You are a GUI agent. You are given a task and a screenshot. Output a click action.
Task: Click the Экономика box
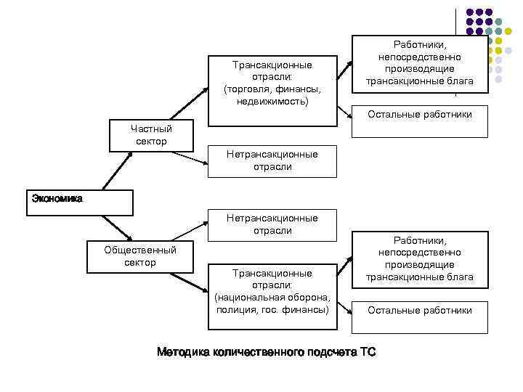(81, 203)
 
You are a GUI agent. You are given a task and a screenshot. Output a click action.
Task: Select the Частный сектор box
(151, 136)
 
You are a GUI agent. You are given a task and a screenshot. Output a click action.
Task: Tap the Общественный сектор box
(140, 256)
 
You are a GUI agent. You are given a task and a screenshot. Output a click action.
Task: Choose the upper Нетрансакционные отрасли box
(272, 160)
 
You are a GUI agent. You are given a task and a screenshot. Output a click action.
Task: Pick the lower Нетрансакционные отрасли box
(272, 224)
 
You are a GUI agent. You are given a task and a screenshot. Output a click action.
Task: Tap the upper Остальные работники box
(419, 114)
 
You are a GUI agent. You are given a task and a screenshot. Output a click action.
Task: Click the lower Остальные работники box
(419, 310)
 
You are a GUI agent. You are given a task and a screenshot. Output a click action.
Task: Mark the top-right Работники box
(419, 63)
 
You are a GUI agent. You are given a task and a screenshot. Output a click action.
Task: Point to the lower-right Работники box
(419, 258)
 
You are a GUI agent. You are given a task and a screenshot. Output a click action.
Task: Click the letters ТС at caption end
(368, 353)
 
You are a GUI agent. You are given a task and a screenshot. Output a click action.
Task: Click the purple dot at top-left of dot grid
(469, 13)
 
